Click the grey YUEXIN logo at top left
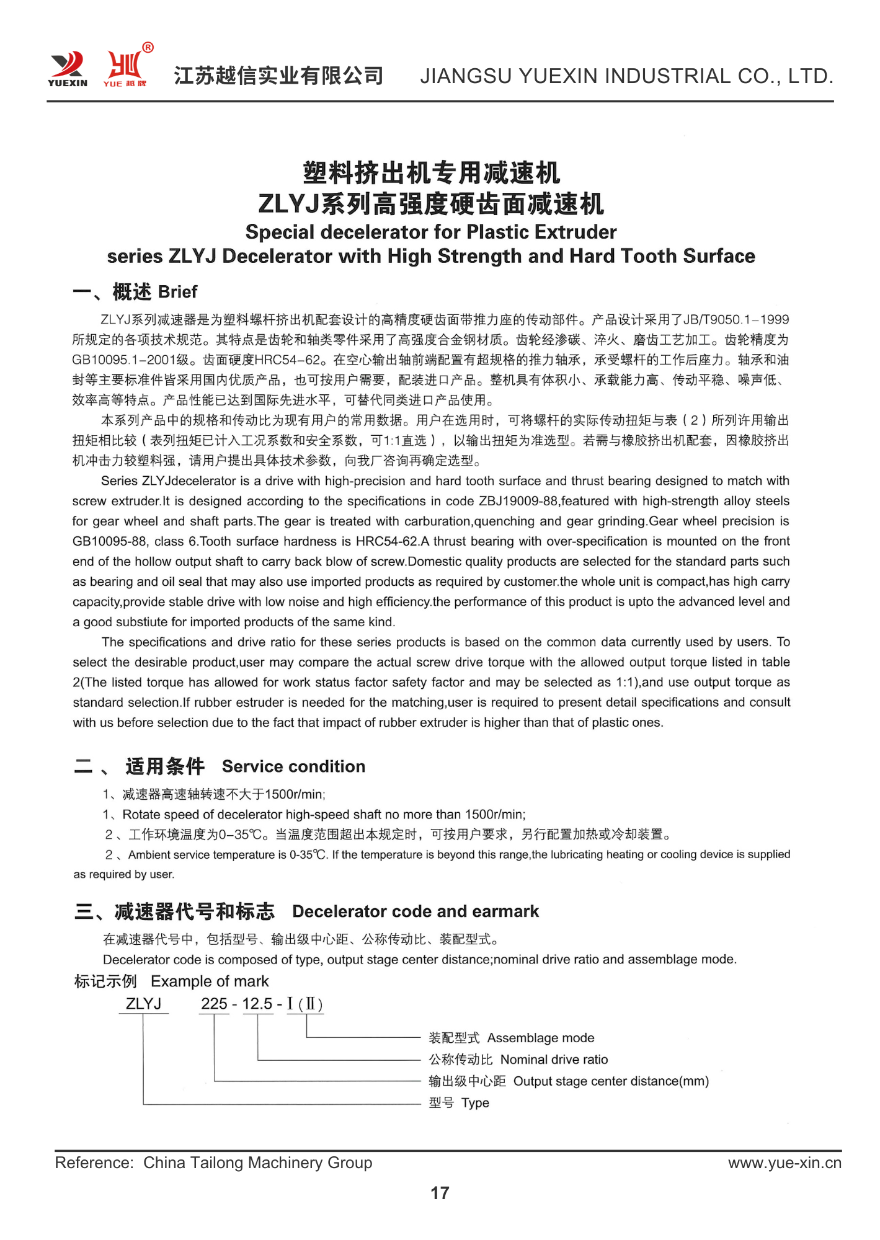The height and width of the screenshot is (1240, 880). pyautogui.click(x=68, y=68)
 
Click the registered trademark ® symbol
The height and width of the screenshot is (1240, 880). pyautogui.click(x=148, y=48)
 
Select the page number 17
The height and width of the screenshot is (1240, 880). pyautogui.click(x=440, y=1192)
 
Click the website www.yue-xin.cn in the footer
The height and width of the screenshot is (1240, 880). pyautogui.click(x=784, y=1162)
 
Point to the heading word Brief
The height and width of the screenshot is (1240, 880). pyautogui.click(x=177, y=291)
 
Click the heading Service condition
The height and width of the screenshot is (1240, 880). pyautogui.click(x=293, y=766)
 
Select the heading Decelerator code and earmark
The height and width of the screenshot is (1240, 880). pyautogui.click(x=416, y=911)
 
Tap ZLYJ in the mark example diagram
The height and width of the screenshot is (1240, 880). pyautogui.click(x=143, y=1003)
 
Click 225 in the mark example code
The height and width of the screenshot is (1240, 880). pyautogui.click(x=214, y=1003)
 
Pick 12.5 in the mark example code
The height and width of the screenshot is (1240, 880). pyautogui.click(x=257, y=1003)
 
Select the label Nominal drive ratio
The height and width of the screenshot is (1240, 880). pyautogui.click(x=554, y=1060)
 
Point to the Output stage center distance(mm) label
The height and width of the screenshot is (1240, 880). pyautogui.click(x=611, y=1081)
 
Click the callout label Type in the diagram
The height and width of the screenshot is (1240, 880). pyautogui.click(x=475, y=1103)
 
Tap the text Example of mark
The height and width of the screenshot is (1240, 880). pyautogui.click(x=210, y=981)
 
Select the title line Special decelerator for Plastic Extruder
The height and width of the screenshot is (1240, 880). pyautogui.click(x=431, y=232)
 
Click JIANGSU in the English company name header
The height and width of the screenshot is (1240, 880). pyautogui.click(x=466, y=76)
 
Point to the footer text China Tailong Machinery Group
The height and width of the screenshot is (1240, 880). pyautogui.click(x=257, y=1162)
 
